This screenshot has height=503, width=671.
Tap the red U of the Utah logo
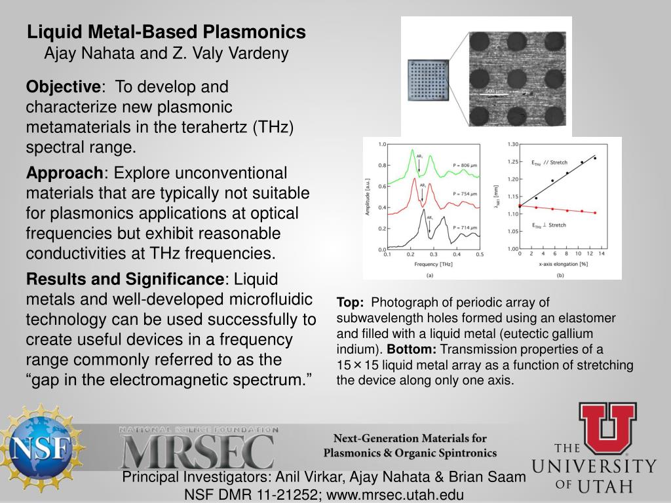click(x=607, y=426)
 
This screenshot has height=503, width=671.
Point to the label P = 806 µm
click(x=465, y=164)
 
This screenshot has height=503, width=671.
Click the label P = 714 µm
click(x=465, y=227)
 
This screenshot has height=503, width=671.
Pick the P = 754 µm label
click(x=465, y=194)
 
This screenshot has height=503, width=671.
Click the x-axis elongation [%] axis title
click(x=560, y=265)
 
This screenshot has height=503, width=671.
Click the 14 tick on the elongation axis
click(x=601, y=254)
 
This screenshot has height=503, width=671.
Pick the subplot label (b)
click(x=560, y=276)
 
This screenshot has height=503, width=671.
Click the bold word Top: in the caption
click(x=350, y=303)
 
